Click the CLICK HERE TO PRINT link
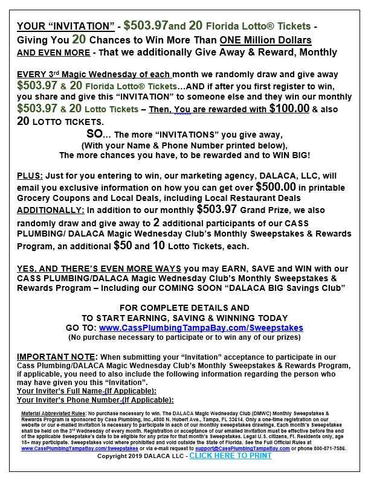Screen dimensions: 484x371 (230, 456)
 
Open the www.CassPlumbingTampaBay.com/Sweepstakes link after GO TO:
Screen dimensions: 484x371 (201, 328)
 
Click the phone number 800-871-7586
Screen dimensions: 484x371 (329, 448)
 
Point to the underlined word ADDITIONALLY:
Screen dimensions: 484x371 (51, 211)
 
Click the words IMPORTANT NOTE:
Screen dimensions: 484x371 (54, 357)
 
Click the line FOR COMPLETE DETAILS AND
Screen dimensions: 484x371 (184, 308)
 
